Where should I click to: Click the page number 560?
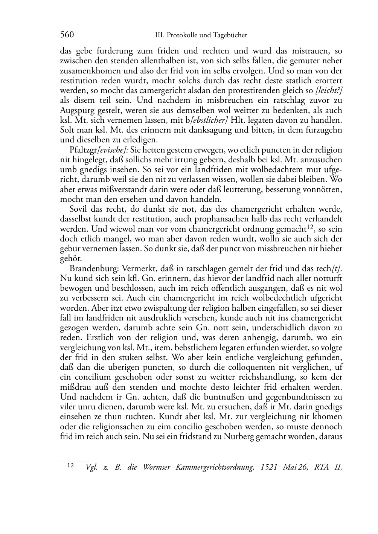[x=67, y=35]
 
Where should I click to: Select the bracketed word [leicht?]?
[x=329, y=90]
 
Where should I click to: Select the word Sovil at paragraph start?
[x=78, y=209]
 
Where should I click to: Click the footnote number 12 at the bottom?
[x=70, y=465]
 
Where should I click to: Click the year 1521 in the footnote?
[x=269, y=467]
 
